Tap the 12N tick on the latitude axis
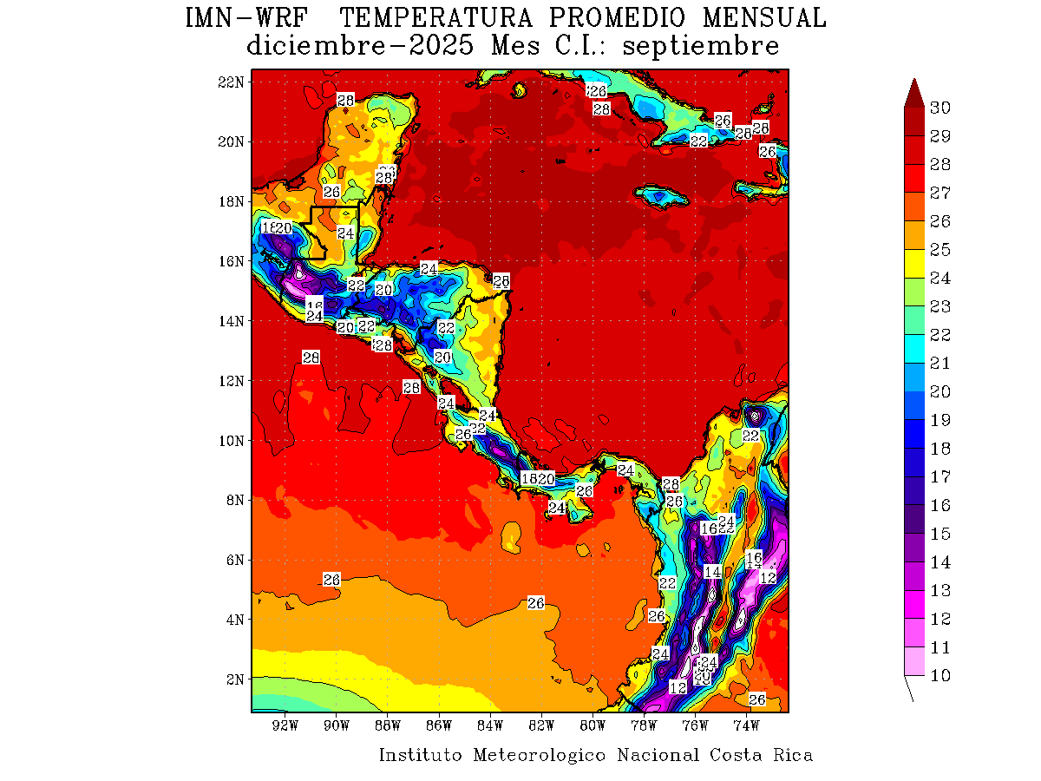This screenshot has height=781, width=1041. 232,380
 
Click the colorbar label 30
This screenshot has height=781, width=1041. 940,108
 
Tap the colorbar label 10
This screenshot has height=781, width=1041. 940,676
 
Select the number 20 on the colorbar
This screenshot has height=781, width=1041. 940,391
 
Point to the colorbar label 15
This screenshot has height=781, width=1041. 940,534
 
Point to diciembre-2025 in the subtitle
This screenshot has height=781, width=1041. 360,45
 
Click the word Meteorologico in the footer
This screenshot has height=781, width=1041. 539,755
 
